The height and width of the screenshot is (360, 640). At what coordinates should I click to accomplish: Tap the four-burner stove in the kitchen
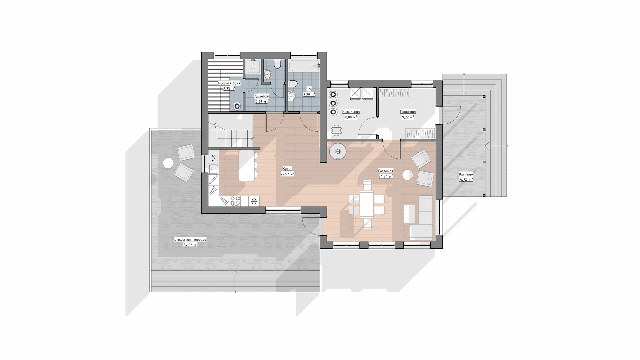tap(235, 201)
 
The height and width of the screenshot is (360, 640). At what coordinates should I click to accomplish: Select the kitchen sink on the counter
tap(213, 169)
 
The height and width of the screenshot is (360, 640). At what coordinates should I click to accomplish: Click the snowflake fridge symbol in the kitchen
tap(254, 201)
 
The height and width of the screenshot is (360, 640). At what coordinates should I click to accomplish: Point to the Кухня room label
tap(287, 169)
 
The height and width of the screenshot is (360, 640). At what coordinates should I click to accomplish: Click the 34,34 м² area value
tap(386, 176)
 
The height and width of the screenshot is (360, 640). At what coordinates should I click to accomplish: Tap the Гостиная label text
tap(386, 171)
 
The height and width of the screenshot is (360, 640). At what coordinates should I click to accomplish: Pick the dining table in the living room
tap(367, 204)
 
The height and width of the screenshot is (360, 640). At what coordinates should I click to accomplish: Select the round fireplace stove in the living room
tap(338, 152)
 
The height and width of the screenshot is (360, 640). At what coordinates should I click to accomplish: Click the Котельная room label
tap(351, 112)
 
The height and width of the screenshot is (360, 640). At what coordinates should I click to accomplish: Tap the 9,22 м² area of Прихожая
tap(408, 117)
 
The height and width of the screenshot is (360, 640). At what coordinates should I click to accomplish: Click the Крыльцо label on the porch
tap(466, 174)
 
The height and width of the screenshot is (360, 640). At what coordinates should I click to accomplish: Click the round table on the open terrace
tap(168, 163)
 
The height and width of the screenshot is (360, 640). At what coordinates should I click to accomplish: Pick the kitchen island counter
tap(246, 165)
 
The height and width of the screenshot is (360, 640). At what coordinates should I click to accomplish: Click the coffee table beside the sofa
tap(409, 214)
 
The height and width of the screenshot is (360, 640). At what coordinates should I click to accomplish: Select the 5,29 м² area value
tap(309, 95)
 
